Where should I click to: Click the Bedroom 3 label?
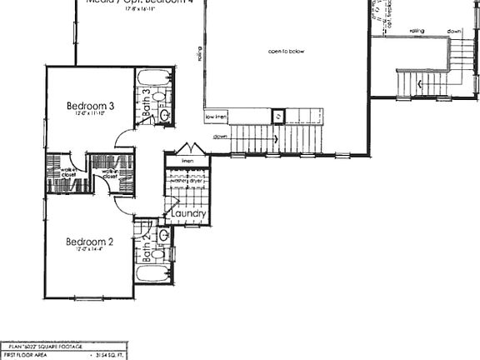point(90,106)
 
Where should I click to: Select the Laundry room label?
point(189,214)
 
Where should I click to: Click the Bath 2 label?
point(146,249)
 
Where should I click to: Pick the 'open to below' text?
point(286,52)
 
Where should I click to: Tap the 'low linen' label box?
point(217,117)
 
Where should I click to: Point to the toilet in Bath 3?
point(165,115)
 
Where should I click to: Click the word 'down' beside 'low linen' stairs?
point(220,136)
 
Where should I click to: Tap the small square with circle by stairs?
point(279,117)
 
